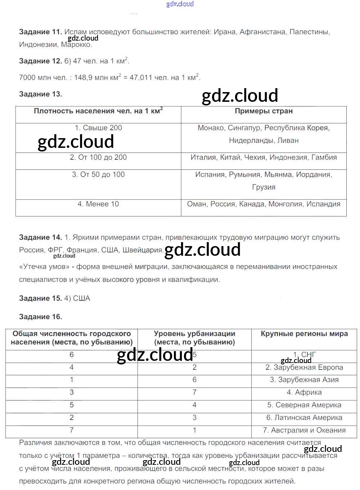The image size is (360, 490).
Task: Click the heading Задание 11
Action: (40, 32)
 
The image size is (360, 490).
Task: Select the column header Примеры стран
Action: (264, 111)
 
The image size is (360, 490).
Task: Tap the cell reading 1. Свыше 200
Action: (98, 128)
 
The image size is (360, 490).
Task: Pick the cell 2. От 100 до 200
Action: (98, 157)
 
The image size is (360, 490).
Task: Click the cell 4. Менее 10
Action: (98, 204)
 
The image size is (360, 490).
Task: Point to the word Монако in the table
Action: (211, 128)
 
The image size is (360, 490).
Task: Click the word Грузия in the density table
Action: (264, 187)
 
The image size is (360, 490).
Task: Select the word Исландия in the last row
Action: (323, 204)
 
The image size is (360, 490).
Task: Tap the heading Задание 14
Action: (40, 237)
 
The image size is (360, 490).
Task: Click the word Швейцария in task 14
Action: (143, 250)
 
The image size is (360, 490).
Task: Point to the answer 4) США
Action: (77, 298)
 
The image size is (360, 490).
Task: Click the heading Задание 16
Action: (40, 317)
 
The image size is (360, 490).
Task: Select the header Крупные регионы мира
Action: (304, 334)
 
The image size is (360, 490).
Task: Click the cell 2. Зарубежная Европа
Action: (304, 367)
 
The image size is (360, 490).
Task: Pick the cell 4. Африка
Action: (304, 392)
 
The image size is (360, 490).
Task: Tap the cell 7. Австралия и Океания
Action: (304, 430)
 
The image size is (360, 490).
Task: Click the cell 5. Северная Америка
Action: (304, 405)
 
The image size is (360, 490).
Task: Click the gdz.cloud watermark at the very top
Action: (180, 4)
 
